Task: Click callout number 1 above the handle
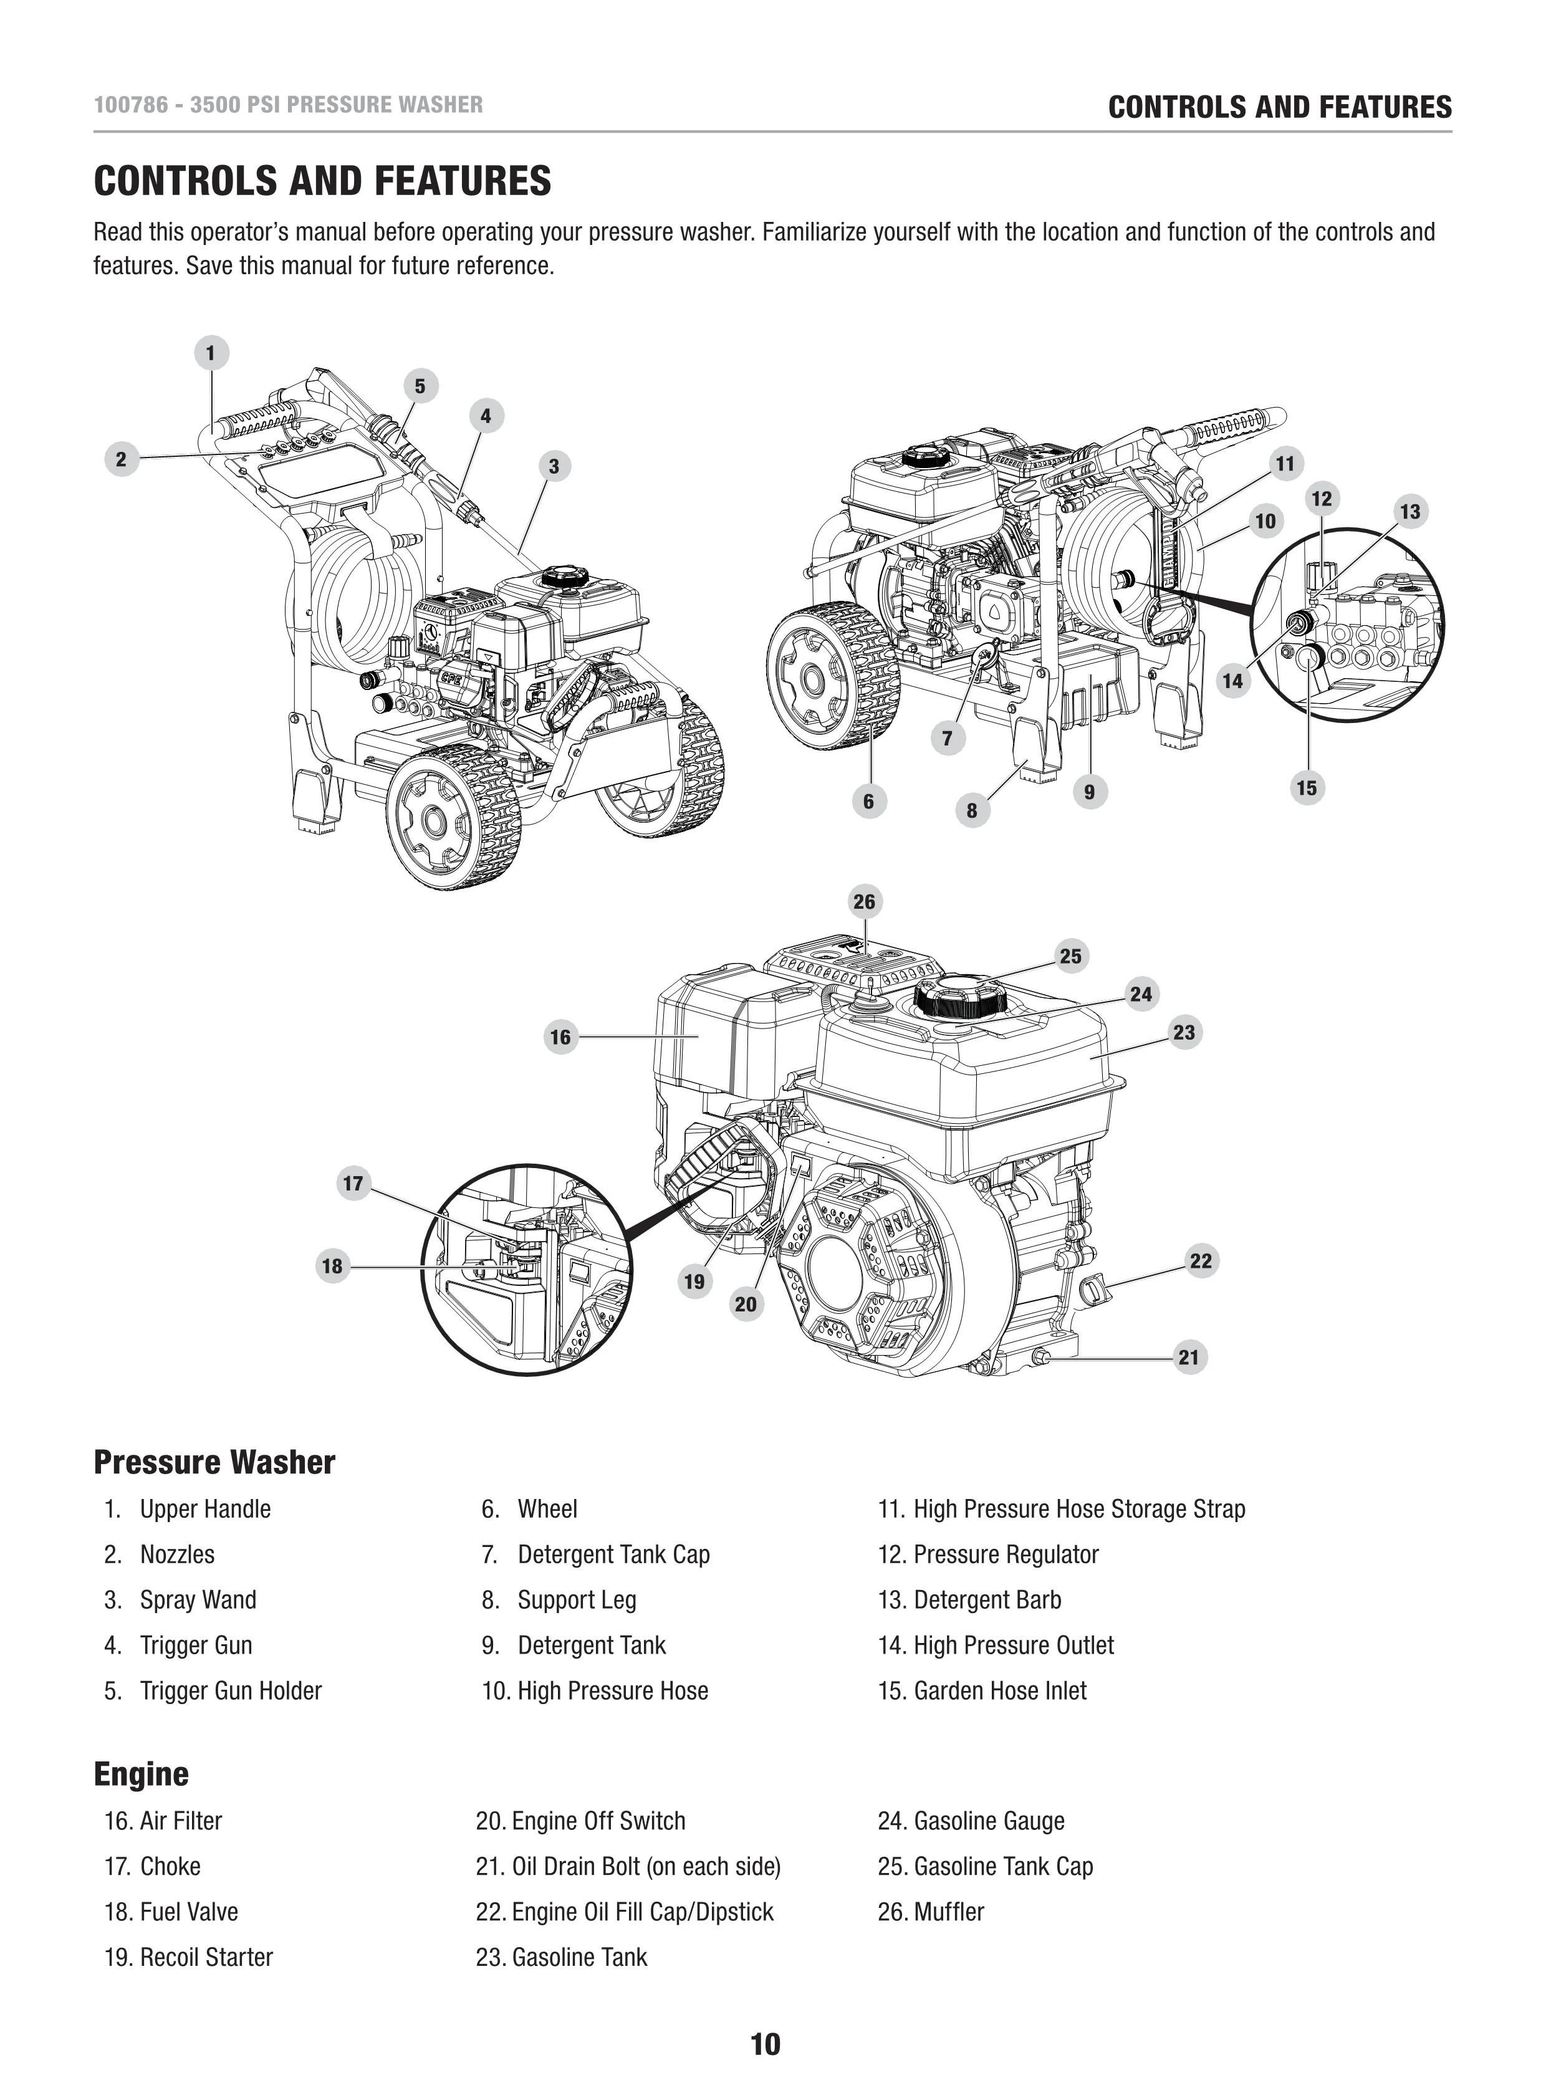click(211, 353)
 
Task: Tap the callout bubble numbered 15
click(1307, 788)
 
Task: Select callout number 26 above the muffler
click(864, 901)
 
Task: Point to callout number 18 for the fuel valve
click(332, 1266)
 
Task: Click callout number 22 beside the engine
click(1201, 1260)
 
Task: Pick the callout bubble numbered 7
click(947, 739)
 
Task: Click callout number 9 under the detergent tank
click(1089, 792)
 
